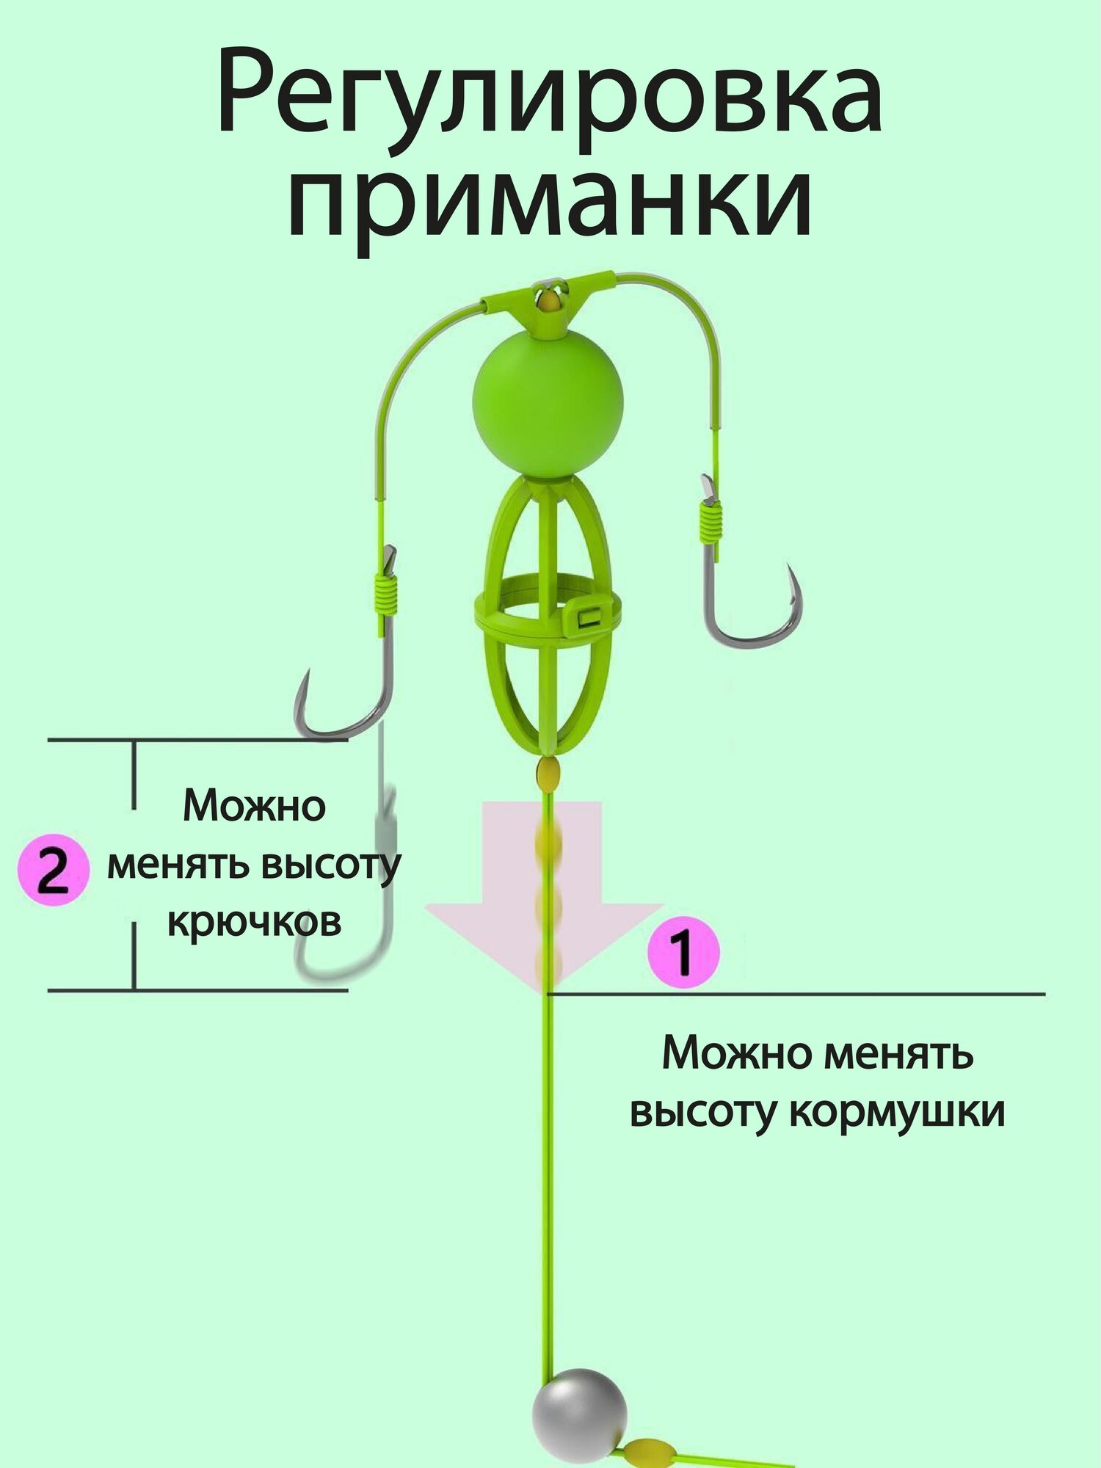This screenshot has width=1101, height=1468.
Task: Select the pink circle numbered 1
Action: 683,952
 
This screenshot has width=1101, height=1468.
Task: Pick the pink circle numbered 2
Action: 53,870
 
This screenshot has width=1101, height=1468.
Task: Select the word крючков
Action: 254,923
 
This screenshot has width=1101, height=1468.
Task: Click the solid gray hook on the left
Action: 345,697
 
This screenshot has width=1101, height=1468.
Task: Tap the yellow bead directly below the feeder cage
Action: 548,772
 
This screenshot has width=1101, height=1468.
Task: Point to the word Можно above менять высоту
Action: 254,806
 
